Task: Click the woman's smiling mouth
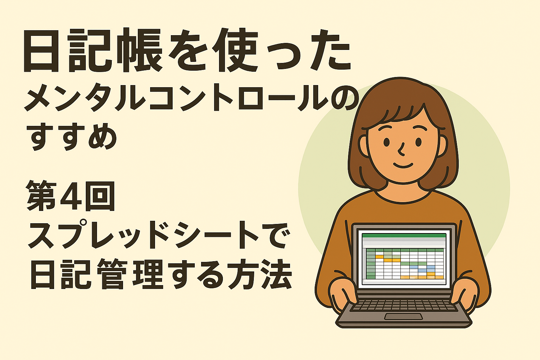point(403,166)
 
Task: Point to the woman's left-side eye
point(386,142)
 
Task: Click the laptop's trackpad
point(403,317)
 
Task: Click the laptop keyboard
point(403,305)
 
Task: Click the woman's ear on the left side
point(364,146)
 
